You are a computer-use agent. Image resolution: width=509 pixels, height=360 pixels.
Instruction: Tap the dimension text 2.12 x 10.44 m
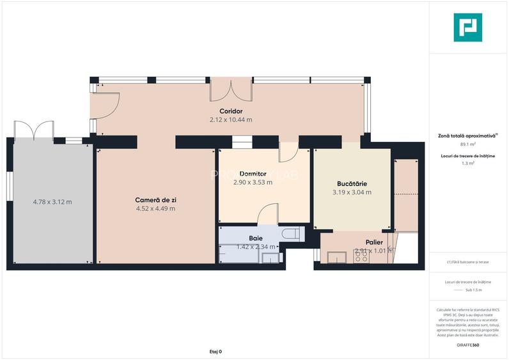(x=230, y=120)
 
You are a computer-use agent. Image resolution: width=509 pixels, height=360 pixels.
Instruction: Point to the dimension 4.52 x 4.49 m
(x=155, y=208)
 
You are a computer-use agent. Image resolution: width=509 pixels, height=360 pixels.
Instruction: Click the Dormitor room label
(x=253, y=174)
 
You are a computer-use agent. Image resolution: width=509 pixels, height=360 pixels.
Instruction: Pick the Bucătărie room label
(x=352, y=184)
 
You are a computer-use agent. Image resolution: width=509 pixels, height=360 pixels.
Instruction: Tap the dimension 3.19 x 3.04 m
(x=352, y=192)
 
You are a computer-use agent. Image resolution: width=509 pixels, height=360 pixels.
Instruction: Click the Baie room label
(x=256, y=238)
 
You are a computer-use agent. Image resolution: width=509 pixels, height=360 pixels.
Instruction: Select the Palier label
(x=373, y=242)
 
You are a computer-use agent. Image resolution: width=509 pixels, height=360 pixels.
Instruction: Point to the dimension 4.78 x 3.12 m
(x=52, y=202)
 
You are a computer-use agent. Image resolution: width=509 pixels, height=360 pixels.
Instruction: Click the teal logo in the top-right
(x=467, y=27)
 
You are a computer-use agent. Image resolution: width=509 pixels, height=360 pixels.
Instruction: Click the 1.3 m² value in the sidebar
(x=467, y=164)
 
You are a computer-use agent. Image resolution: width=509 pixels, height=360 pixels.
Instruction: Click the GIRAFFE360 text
(x=467, y=345)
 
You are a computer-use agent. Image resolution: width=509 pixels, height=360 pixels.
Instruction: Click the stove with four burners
(x=361, y=256)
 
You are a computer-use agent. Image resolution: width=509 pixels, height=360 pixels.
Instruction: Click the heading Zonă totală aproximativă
(x=467, y=136)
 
